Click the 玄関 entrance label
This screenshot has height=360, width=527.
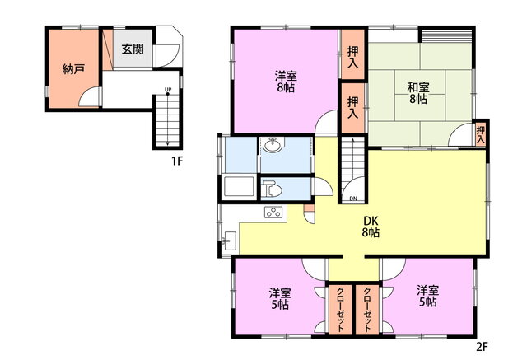[x=133, y=49]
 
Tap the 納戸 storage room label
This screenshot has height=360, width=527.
[x=73, y=69]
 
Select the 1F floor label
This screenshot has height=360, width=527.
[x=177, y=161]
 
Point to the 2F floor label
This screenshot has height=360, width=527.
[x=482, y=347]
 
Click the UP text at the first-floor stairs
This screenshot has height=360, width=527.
[x=168, y=90]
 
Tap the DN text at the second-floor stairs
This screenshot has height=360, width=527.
[x=353, y=199]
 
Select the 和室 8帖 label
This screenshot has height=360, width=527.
[x=418, y=93]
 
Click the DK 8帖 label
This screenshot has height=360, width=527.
[x=371, y=227]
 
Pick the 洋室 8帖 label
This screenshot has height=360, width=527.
[x=286, y=82]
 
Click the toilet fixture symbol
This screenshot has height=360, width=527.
[x=273, y=189]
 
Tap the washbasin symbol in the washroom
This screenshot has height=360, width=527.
[x=273, y=145]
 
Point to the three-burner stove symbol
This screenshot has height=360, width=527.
[x=273, y=213]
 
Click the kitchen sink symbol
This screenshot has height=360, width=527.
[x=230, y=241]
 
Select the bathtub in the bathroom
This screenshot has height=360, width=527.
[x=239, y=186]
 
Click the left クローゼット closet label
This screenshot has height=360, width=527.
[x=340, y=310]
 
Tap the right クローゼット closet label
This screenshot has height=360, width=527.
[x=367, y=310]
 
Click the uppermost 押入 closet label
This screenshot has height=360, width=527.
[x=352, y=57]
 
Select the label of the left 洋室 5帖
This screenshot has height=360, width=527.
[x=280, y=298]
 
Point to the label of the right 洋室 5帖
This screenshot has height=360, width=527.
[x=428, y=296]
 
